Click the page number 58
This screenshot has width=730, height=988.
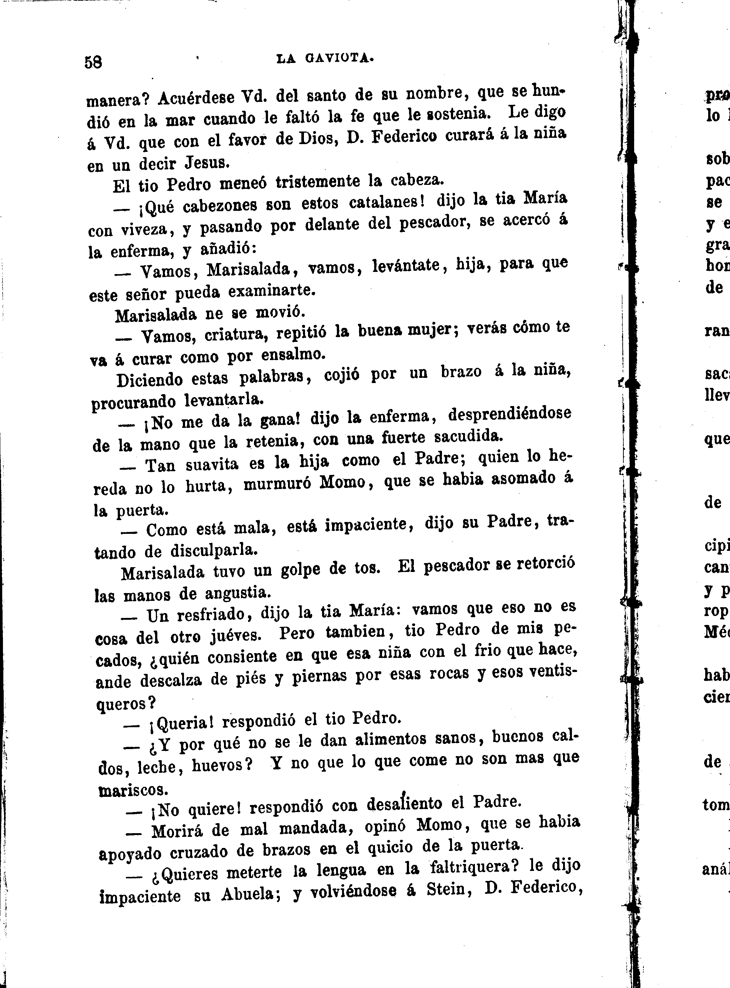pos(93,62)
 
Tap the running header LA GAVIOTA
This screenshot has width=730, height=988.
pos(325,59)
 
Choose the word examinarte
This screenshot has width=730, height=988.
pos(272,292)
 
